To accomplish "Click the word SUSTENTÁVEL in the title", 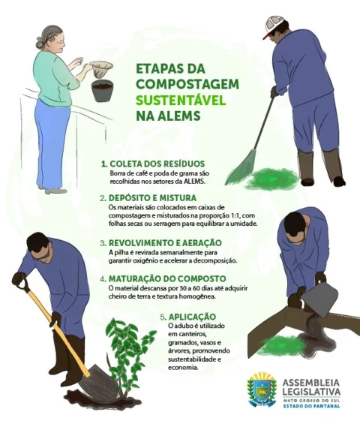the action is coord(181,101).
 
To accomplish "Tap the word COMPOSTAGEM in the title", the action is coord(187,84).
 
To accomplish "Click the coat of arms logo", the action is coord(262,389).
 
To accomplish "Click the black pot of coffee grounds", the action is coord(102,91).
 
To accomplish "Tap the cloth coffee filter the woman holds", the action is coord(100,69).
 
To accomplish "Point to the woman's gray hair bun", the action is coord(40,44).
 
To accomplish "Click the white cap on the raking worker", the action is coord(274,26).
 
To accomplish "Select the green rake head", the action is coord(241,167).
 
